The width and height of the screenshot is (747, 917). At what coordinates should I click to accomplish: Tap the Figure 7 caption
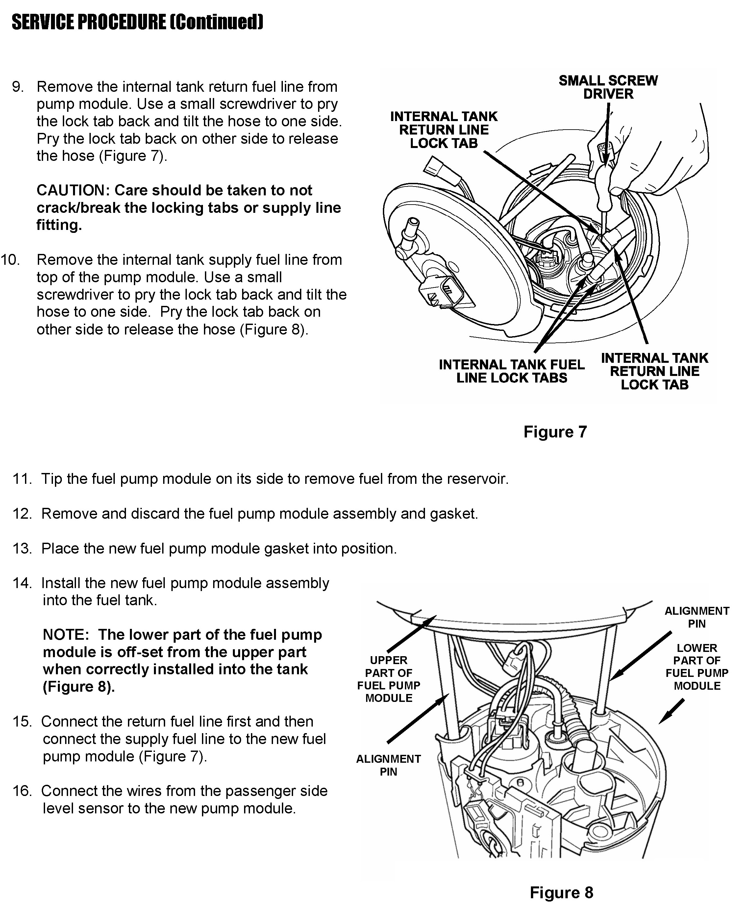[x=555, y=432]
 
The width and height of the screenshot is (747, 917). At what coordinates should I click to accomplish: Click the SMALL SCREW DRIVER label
[x=608, y=87]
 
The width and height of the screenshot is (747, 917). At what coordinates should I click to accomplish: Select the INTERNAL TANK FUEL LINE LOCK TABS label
[x=511, y=371]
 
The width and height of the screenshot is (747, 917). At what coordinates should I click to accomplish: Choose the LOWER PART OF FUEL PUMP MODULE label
[x=697, y=667]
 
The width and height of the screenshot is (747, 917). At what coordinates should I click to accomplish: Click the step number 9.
[x=18, y=87]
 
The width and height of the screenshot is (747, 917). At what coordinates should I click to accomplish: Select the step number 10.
[x=10, y=260]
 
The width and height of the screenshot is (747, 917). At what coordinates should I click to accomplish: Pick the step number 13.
[x=22, y=549]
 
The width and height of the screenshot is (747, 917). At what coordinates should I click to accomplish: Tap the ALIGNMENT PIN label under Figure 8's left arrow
[x=388, y=765]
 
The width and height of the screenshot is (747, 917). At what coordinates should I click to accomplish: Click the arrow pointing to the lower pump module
[x=672, y=711]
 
